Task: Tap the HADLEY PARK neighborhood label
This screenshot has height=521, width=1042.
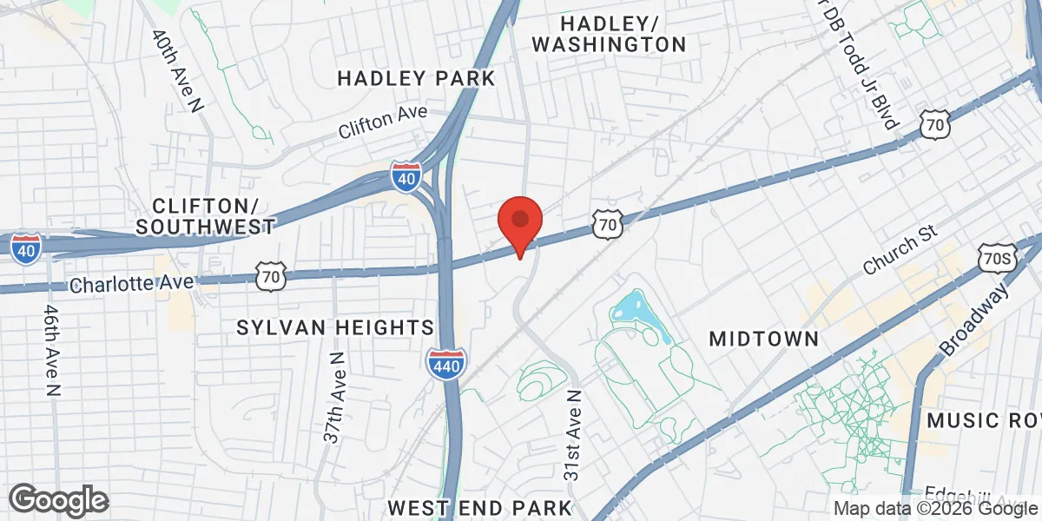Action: point(416,78)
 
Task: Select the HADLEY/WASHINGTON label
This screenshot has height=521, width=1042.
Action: point(609,33)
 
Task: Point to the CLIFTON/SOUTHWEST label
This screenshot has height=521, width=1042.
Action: point(206,216)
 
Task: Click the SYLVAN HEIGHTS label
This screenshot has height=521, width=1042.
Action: point(336,327)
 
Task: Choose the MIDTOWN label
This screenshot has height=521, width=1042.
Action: point(764,339)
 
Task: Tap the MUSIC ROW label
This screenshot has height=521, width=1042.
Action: point(983,420)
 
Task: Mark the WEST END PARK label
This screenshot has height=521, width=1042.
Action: point(480,507)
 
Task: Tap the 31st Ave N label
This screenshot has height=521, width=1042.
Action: point(572,435)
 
